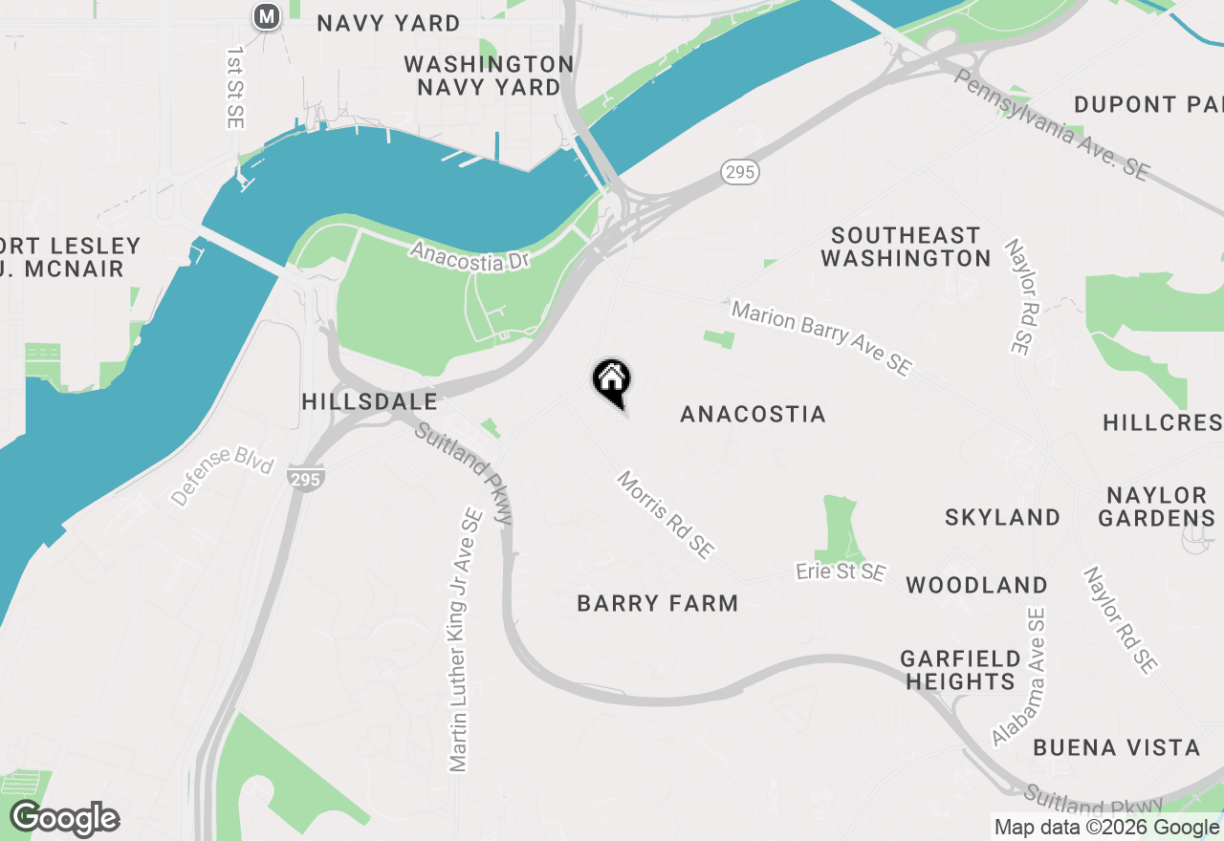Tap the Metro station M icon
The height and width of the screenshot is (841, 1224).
[x=267, y=16]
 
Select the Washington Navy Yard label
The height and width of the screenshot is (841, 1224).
[x=489, y=75]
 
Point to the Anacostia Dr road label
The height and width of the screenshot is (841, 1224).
[x=469, y=256]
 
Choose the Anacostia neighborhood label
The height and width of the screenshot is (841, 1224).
[x=753, y=414]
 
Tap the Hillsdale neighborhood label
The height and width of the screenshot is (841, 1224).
[x=369, y=401]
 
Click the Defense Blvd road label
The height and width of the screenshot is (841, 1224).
[x=222, y=475]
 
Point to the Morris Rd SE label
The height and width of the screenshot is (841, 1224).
[x=666, y=514]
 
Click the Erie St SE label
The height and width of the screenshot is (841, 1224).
[x=841, y=571]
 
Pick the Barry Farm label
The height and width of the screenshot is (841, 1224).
[x=658, y=603]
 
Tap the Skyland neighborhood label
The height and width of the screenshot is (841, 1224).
[x=1002, y=517]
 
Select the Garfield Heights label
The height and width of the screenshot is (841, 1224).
[x=960, y=670]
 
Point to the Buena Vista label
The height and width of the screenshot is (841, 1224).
[x=1116, y=747]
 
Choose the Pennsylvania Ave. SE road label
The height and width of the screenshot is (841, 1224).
[x=1050, y=124]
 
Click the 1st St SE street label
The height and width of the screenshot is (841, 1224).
[x=235, y=86]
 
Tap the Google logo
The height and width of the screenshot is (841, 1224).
[x=65, y=819]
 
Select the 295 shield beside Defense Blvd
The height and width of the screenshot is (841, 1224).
[x=305, y=480]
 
